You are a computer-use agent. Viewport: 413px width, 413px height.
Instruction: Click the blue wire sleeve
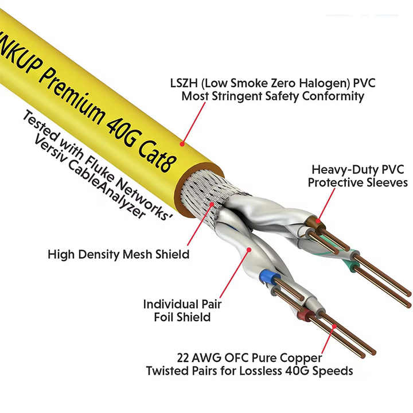point(266,278)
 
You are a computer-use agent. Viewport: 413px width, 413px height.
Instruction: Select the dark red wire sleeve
point(305,314)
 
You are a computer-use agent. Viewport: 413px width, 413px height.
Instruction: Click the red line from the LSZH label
point(194,120)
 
